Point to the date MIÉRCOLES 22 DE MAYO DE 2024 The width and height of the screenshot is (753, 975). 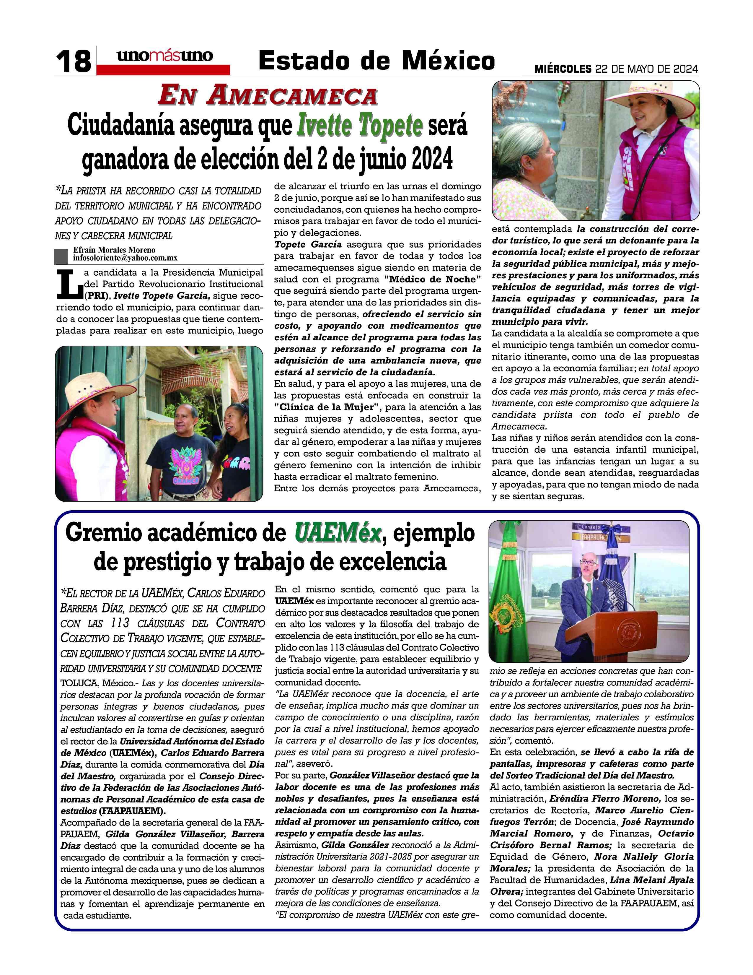pos(617,69)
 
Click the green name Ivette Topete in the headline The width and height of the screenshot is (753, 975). pos(360,126)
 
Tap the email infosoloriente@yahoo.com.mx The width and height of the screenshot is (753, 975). pos(125,258)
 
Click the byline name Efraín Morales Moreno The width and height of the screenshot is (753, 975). pos(115,250)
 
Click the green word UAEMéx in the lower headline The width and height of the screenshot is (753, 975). pos(338,533)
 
